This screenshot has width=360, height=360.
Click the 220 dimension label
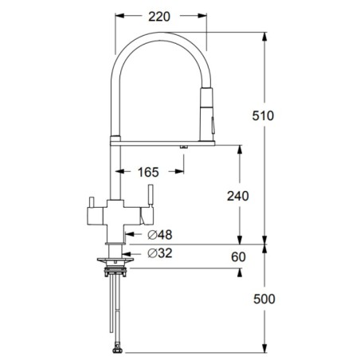coord(159,17)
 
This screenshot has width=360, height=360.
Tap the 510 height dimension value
coord(263,115)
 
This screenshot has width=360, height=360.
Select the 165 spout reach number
coord(148,172)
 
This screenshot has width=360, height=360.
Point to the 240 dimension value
coord(238,196)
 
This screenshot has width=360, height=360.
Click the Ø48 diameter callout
coord(160,235)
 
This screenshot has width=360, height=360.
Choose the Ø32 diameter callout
coord(160,253)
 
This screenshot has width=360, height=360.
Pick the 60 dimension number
coord(238,256)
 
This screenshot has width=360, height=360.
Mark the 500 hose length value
coord(264,299)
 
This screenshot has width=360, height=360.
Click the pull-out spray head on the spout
coord(206,114)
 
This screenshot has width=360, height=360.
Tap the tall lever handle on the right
coord(151,196)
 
